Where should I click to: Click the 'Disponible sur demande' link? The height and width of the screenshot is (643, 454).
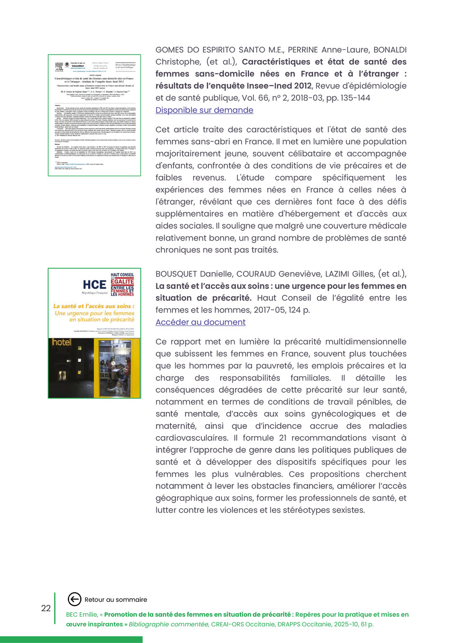[x=204, y=110]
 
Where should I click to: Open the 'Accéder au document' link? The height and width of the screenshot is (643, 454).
[x=200, y=322]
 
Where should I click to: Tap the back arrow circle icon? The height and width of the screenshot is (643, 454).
[x=75, y=600]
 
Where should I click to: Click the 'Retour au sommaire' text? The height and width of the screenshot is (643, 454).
[x=116, y=600]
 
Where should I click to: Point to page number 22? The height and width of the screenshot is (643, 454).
[x=46, y=608]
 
